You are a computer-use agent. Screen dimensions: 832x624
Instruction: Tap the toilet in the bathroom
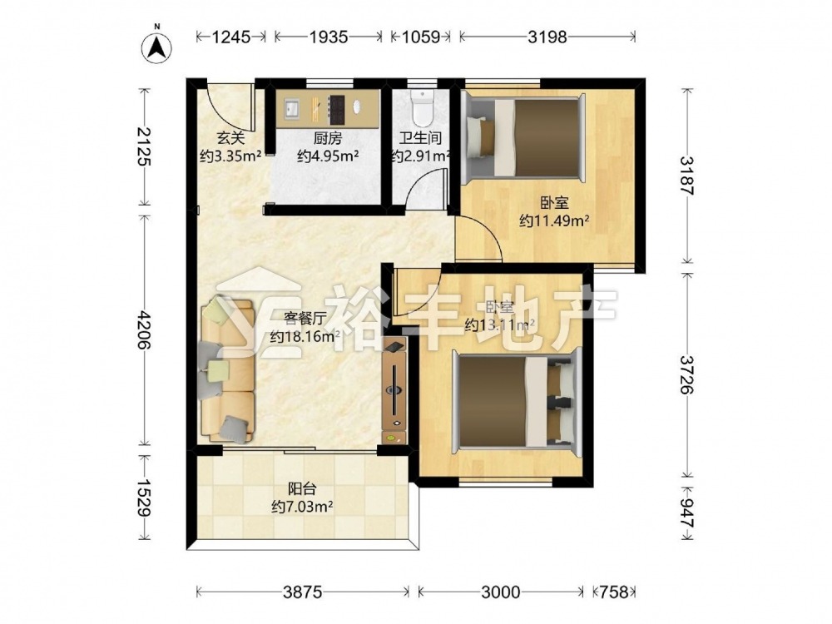tap(423, 105)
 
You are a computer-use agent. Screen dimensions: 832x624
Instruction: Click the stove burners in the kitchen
tap(337, 109)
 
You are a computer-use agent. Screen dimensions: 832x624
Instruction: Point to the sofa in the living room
tap(228, 370)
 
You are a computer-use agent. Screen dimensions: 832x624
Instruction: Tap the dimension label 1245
tap(230, 37)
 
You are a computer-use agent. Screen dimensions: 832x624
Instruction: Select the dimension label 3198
tap(547, 37)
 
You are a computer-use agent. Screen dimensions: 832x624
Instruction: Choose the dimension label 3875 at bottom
tap(303, 592)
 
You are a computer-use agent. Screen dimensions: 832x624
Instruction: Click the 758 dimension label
tap(615, 592)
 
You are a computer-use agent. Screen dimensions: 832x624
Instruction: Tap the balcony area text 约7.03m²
tap(302, 507)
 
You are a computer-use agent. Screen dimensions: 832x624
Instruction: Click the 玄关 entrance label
tap(230, 139)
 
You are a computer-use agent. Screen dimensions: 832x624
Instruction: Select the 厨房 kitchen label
tap(327, 139)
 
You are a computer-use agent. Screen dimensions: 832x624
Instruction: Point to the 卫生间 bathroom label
tap(421, 138)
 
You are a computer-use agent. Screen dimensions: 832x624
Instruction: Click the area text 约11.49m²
tap(554, 221)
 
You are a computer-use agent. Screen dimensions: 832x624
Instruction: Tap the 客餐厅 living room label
tap(305, 319)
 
